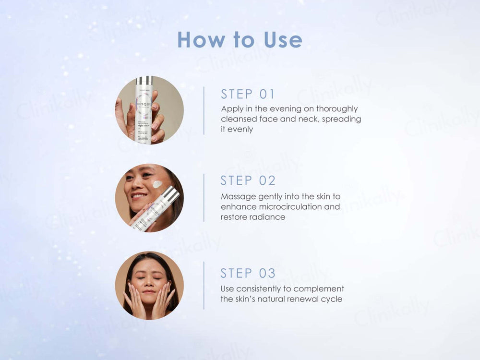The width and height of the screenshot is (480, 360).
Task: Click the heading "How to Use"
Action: pos(240,39)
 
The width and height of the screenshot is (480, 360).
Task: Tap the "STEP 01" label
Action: pos(248,94)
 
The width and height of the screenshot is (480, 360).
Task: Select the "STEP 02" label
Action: pos(248,181)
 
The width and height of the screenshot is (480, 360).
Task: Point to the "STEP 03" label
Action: pos(248,273)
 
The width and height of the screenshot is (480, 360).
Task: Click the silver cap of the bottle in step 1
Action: pos(144,80)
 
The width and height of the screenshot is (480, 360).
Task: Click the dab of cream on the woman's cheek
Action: pos(157,184)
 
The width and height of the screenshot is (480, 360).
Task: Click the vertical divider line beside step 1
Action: pos(204,110)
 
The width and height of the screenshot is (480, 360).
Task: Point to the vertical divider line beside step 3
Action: pos(204,285)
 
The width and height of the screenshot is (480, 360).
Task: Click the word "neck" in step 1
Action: pos(300,119)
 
